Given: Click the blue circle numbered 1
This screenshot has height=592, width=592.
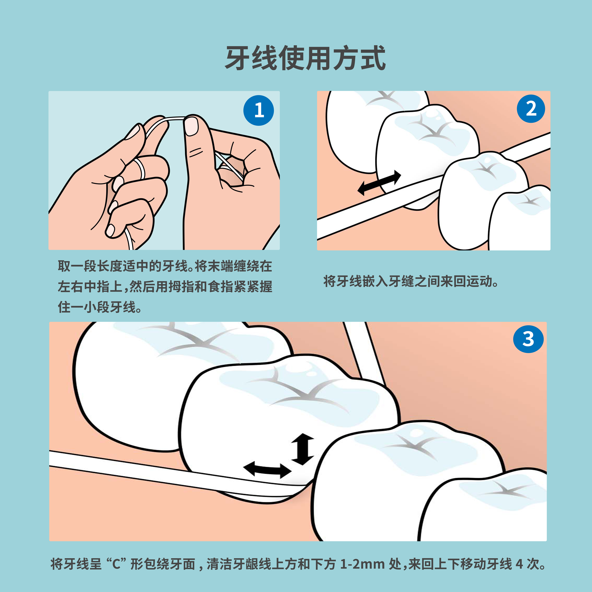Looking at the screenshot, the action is pos(259,110).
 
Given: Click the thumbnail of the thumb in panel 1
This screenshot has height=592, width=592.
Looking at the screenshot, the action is pos(191,126).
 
